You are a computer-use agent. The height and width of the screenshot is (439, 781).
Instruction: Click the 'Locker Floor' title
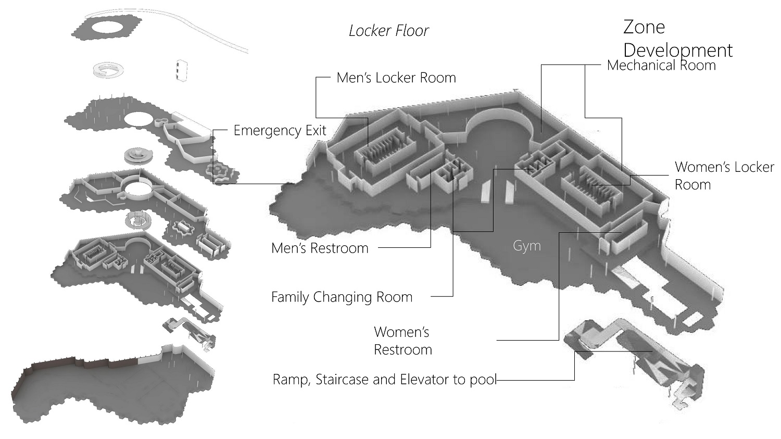[x=388, y=31]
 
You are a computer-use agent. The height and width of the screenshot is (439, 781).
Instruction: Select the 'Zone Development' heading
[x=677, y=39]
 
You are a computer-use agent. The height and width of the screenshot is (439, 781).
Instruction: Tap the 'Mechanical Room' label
[x=661, y=66]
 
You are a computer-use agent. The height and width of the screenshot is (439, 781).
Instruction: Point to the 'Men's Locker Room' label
[x=396, y=78]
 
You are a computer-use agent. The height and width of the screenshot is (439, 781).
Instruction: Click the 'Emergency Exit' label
[x=280, y=130]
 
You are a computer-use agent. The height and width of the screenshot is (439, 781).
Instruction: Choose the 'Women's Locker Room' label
[x=724, y=175]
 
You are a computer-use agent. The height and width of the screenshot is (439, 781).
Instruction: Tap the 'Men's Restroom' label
[x=320, y=248]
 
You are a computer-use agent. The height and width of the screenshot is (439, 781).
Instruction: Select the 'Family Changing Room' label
[x=342, y=297]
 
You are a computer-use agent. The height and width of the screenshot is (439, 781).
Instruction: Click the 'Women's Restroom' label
[x=403, y=341]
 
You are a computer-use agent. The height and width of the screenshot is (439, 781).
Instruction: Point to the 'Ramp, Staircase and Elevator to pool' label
[x=384, y=380]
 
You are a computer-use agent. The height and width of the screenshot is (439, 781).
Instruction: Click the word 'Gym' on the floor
[x=526, y=246]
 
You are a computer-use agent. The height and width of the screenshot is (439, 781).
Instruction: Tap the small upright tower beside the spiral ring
[x=180, y=70]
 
